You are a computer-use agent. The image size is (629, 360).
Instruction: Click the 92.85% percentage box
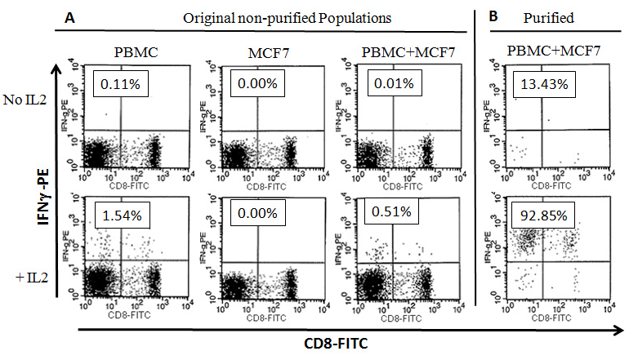pyautogui.click(x=544, y=218)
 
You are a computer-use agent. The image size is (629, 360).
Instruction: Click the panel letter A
pyautogui.click(x=63, y=16)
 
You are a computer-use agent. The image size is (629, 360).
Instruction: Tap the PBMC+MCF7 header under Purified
pyautogui.click(x=556, y=54)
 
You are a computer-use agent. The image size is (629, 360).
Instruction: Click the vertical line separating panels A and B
pyautogui.click(x=475, y=163)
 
